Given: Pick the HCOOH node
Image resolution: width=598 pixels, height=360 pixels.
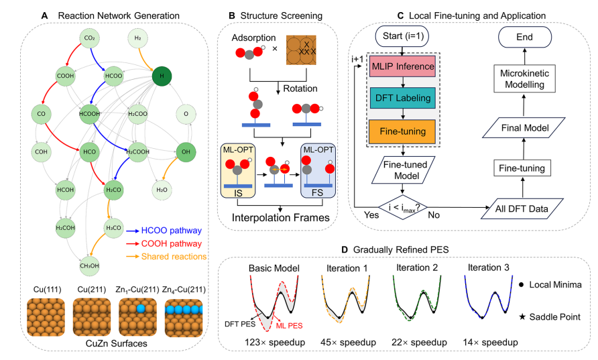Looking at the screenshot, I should pos(89,113).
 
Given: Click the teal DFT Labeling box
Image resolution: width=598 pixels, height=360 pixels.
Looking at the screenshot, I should pos(400,98).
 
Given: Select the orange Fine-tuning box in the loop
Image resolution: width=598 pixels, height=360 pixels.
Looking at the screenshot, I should pos(400,129).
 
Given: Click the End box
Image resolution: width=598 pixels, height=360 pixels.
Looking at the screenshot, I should pos(520,36).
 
